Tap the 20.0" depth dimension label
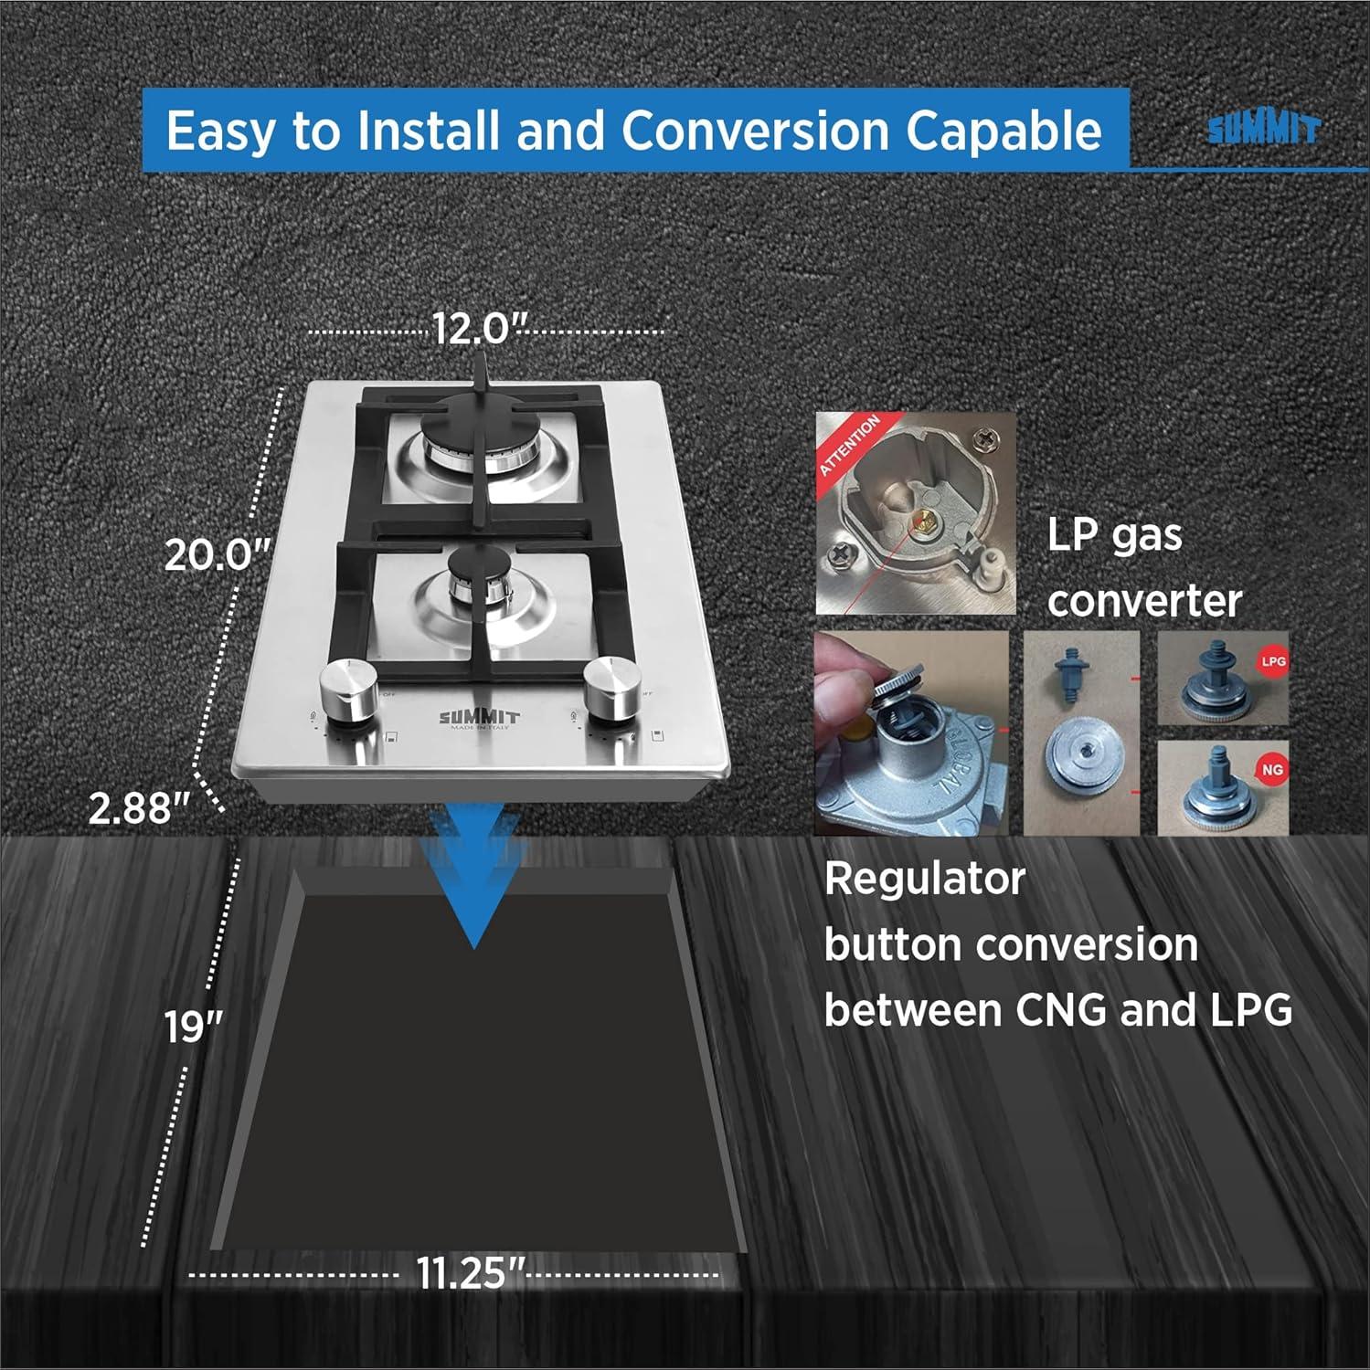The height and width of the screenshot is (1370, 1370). tap(218, 554)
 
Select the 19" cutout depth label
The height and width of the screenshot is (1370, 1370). tap(194, 1027)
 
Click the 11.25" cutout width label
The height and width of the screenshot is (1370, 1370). tap(472, 1273)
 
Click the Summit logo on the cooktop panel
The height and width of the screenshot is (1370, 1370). tap(478, 718)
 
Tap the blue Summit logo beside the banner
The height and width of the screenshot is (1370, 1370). tap(1263, 129)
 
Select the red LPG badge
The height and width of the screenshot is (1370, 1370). tap(1272, 661)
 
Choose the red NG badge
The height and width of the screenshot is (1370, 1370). tap(1272, 770)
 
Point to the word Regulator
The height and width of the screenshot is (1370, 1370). tap(924, 880)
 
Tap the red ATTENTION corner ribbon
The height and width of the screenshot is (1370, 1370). tap(849, 444)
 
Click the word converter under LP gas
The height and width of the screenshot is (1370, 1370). tap(1144, 601)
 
